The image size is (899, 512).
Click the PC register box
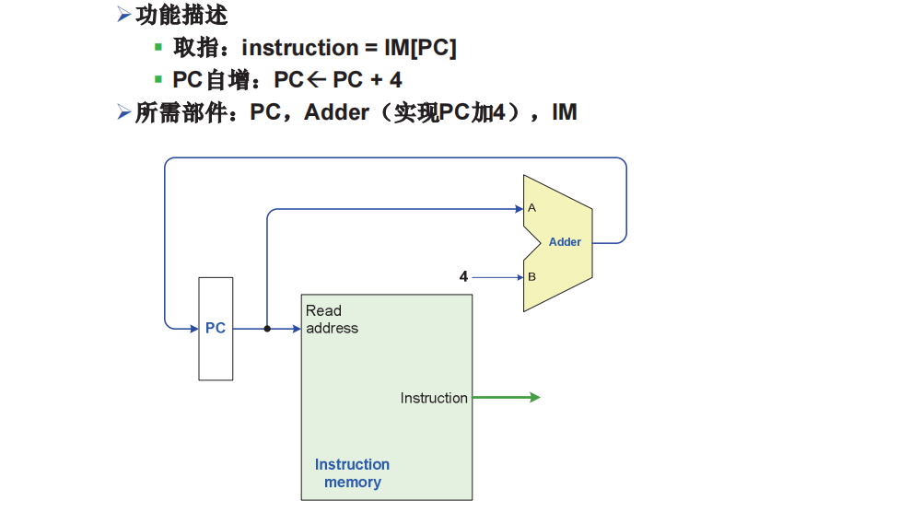point(216,329)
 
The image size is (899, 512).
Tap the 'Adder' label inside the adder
point(565,242)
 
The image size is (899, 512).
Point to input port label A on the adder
point(531,208)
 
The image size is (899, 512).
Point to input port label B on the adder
point(531,276)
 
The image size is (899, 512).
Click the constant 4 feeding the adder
point(463,276)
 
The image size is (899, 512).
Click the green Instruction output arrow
point(507,398)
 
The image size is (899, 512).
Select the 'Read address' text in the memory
point(332,320)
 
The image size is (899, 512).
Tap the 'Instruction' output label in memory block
point(434,398)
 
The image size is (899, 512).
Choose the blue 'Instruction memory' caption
point(352,473)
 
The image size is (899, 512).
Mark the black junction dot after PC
point(267,328)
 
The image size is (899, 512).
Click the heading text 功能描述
point(181,15)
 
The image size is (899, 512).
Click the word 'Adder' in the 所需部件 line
point(336,112)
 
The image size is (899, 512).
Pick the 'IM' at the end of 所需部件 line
point(564,112)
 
